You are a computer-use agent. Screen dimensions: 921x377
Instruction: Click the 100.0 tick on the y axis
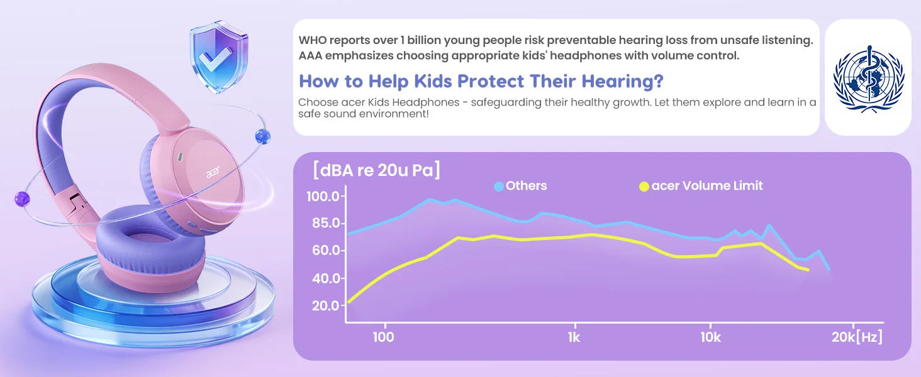pos(323,197)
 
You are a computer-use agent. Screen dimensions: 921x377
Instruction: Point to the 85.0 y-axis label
pos(326,224)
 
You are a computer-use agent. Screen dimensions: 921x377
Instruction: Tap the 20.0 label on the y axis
pos(326,306)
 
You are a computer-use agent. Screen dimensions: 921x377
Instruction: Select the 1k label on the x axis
pos(574,337)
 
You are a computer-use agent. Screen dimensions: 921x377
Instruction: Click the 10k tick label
pos(711,337)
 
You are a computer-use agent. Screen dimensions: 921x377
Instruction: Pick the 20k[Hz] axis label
pos(857,337)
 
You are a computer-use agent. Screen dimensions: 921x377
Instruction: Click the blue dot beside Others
pos(499,187)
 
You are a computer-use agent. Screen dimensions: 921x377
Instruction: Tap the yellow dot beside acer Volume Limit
pos(644,187)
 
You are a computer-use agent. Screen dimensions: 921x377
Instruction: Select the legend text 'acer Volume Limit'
pos(707,185)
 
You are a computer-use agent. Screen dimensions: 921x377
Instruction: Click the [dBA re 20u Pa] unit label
pos(376,170)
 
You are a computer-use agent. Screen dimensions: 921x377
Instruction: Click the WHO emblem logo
pos(868,78)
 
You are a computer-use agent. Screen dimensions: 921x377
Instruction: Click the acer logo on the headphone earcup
pos(213,172)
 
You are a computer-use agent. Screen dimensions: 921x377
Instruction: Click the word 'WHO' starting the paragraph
pos(313,40)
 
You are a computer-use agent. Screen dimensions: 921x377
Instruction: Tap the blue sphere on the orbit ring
pos(263,136)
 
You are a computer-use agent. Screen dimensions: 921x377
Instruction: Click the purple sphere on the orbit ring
pos(22,199)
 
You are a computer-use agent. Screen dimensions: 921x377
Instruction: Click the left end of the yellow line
pos(349,302)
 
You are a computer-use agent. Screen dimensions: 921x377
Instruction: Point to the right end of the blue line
pos(829,270)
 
